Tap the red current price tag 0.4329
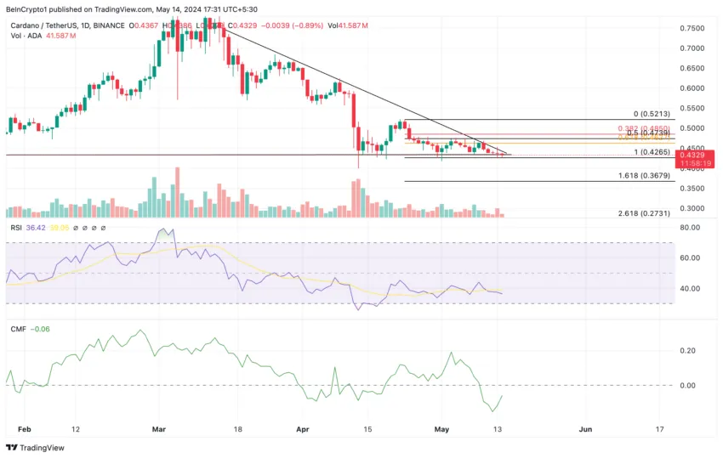pyautogui.click(x=692, y=155)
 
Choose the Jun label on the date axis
pyautogui.click(x=586, y=430)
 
